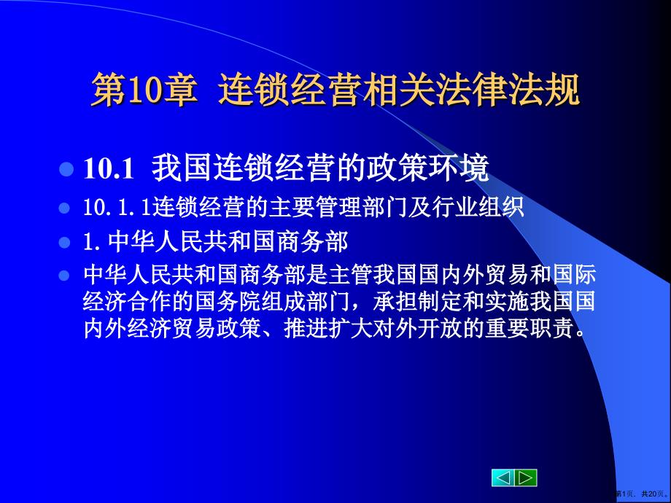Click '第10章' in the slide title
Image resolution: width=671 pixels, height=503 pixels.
[x=143, y=93]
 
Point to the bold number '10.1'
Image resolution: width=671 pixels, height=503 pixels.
[x=108, y=170]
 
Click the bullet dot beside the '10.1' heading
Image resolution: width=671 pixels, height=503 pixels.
[x=66, y=171]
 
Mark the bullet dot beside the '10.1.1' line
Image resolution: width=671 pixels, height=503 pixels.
[x=66, y=208]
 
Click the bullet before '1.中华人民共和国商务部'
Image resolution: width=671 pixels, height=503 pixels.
[x=66, y=241]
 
